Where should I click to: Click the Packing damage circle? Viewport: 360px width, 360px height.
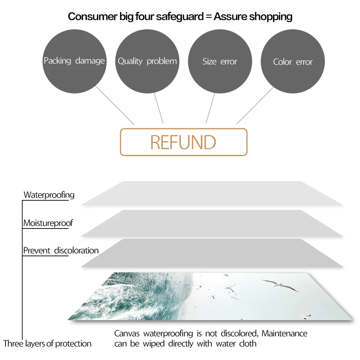pyautogui.click(x=74, y=61)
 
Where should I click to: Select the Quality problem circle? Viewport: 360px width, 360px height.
pyautogui.click(x=147, y=61)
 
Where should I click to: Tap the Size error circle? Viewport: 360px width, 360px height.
pyautogui.click(x=220, y=61)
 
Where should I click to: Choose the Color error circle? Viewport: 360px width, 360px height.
pyautogui.click(x=293, y=61)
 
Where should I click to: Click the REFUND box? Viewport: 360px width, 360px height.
pyautogui.click(x=184, y=142)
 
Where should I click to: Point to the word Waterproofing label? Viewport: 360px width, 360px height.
pyautogui.click(x=49, y=195)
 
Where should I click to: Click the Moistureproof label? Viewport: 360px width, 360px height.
pyautogui.click(x=48, y=223)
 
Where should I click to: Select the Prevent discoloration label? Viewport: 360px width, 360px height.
pyautogui.click(x=61, y=250)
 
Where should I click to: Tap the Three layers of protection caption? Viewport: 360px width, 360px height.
pyautogui.click(x=47, y=344)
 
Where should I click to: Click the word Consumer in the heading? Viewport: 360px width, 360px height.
pyautogui.click(x=91, y=16)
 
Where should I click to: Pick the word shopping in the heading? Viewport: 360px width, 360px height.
pyautogui.click(x=271, y=16)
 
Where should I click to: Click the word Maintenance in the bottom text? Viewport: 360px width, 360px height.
pyautogui.click(x=284, y=334)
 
